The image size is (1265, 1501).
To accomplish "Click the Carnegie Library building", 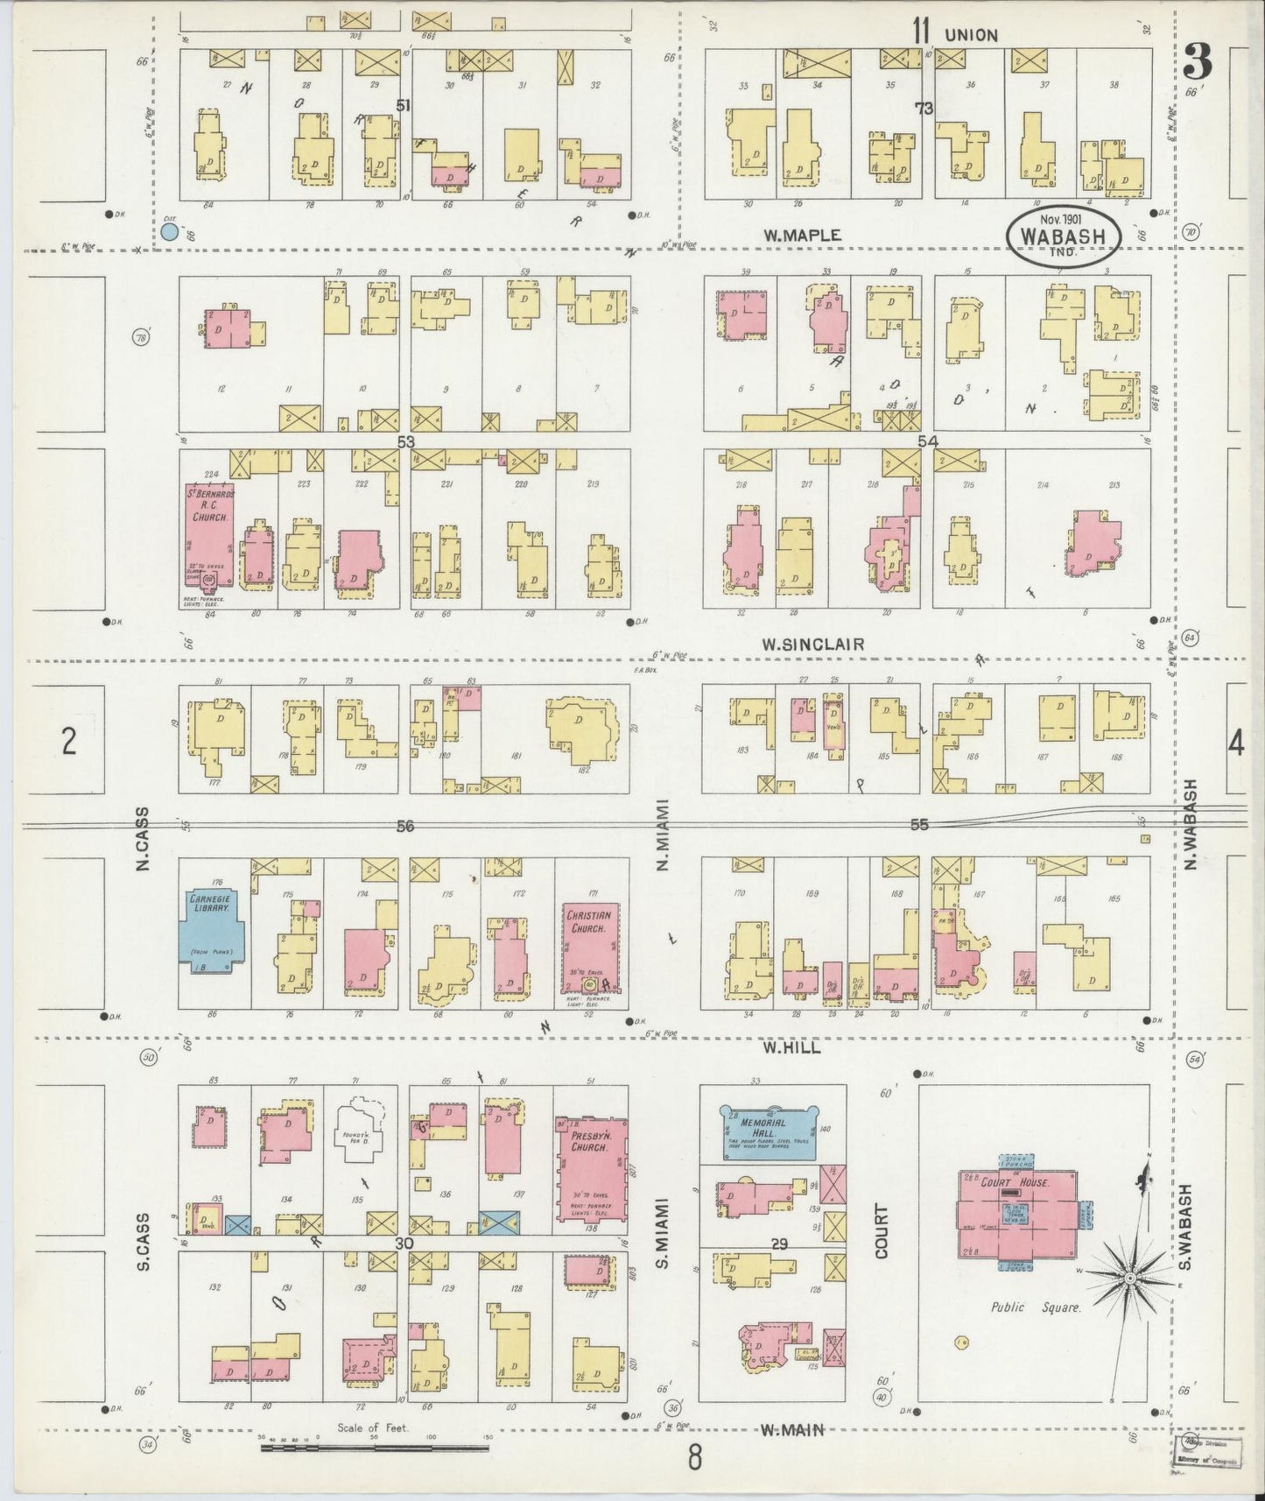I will point(210,930).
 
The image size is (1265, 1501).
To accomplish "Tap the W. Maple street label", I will point(801,235).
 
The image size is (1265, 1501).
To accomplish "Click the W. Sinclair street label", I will point(812,645).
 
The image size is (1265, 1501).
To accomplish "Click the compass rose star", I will point(1129,1280).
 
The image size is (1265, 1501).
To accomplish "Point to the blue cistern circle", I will point(169,232).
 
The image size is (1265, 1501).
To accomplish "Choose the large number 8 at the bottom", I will point(694,1460).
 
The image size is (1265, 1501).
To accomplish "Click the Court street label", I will point(880,1231).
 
